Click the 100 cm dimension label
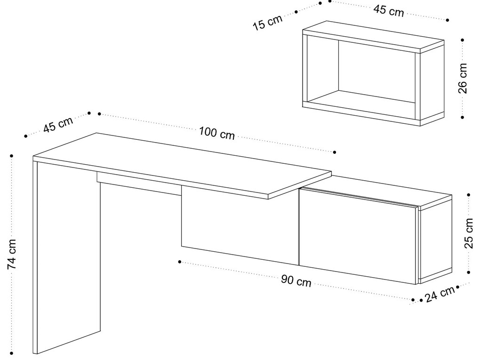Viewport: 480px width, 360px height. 217,133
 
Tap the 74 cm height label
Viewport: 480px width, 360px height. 12,254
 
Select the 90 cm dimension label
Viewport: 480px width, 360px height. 296,281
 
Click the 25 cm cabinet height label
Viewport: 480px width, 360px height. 469,233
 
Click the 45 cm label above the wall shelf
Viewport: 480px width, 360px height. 388,11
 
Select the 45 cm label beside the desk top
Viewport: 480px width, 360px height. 58,124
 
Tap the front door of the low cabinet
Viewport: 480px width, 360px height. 358,236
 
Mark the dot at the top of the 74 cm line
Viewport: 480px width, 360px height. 12,156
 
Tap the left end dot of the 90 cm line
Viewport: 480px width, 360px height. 180,262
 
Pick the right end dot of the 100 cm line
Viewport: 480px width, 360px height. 335,152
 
